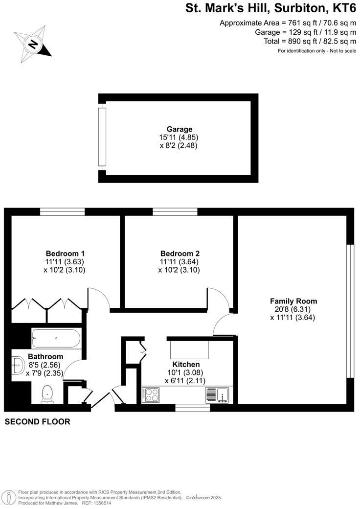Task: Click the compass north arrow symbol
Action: [x=33, y=45]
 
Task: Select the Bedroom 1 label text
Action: [x=65, y=254]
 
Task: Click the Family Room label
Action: [x=293, y=301]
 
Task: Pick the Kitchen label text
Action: [x=186, y=365]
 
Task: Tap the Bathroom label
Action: [x=45, y=356]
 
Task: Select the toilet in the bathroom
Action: [x=47, y=393]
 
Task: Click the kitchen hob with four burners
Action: [x=151, y=394]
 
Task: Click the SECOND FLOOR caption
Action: [x=37, y=421]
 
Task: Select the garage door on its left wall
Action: [x=102, y=137]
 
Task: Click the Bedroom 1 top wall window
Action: [x=62, y=212]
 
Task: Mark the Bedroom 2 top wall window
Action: [x=175, y=212]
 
